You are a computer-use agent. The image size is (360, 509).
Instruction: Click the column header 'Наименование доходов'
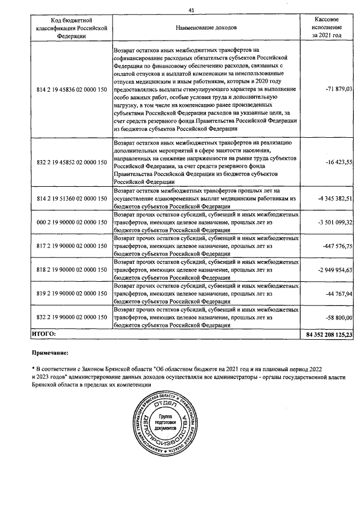pyautogui.click(x=206, y=27)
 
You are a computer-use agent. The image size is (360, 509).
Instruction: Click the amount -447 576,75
pyautogui.click(x=336, y=246)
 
